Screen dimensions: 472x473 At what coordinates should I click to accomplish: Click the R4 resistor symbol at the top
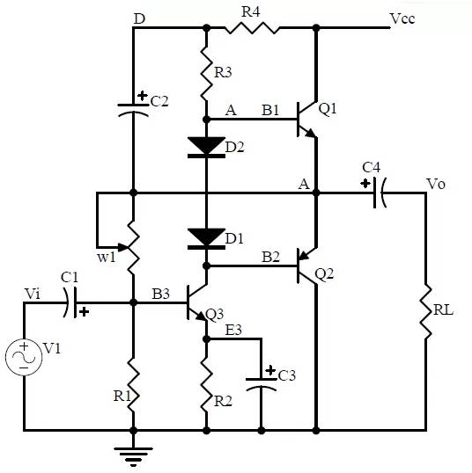click(x=252, y=28)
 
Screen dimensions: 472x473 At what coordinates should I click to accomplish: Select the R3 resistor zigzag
click(x=206, y=73)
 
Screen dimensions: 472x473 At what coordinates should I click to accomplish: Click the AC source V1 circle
click(x=24, y=357)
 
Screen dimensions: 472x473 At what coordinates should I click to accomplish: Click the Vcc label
click(x=402, y=18)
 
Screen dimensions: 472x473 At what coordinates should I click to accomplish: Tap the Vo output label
click(x=436, y=184)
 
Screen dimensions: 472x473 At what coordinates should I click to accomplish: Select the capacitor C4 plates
click(x=380, y=193)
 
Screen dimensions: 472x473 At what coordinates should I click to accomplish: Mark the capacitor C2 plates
click(x=133, y=110)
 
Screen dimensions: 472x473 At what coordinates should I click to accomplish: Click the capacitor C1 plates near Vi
click(x=70, y=302)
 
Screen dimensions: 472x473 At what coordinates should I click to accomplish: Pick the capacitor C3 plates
click(x=262, y=384)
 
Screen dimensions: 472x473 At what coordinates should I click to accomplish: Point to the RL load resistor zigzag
click(x=426, y=311)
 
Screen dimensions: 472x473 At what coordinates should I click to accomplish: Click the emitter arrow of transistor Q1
click(x=309, y=133)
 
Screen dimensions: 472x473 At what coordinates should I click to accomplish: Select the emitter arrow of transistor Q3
click(x=201, y=316)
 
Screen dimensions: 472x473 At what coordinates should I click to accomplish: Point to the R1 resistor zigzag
click(x=133, y=384)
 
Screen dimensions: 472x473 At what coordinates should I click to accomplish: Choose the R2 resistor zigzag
click(x=206, y=384)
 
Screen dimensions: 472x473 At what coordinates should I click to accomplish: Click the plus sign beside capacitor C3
click(x=270, y=370)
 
